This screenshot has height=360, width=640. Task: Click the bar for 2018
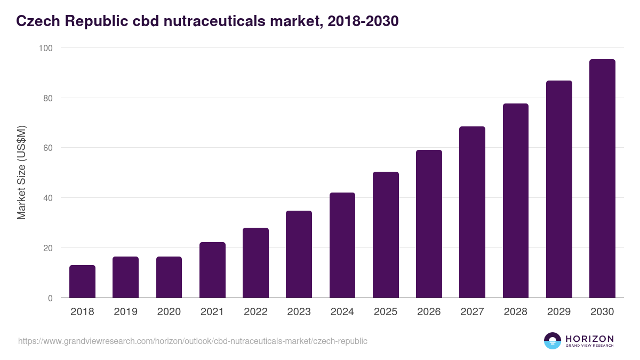[x=82, y=282]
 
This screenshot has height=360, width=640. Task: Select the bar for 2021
[x=212, y=270]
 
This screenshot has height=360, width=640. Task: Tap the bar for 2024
[x=342, y=245]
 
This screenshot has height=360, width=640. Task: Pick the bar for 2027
[x=472, y=212]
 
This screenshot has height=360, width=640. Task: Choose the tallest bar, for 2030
[x=602, y=179]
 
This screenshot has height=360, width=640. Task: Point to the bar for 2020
[x=169, y=277]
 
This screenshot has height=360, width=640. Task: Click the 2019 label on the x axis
[x=125, y=312]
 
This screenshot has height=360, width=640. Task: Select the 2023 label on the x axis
[x=299, y=312]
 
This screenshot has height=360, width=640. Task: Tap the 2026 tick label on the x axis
[x=429, y=312]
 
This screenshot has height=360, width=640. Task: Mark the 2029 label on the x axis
[x=559, y=312]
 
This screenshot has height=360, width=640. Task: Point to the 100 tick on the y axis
[x=46, y=48]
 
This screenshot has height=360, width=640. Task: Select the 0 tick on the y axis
[x=50, y=298]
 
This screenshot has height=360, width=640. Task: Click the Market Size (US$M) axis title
[x=21, y=173]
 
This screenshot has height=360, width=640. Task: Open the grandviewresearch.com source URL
[x=193, y=341]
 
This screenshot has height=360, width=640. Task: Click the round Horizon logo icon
[x=552, y=341]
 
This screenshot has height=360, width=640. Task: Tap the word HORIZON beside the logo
[x=589, y=339]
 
